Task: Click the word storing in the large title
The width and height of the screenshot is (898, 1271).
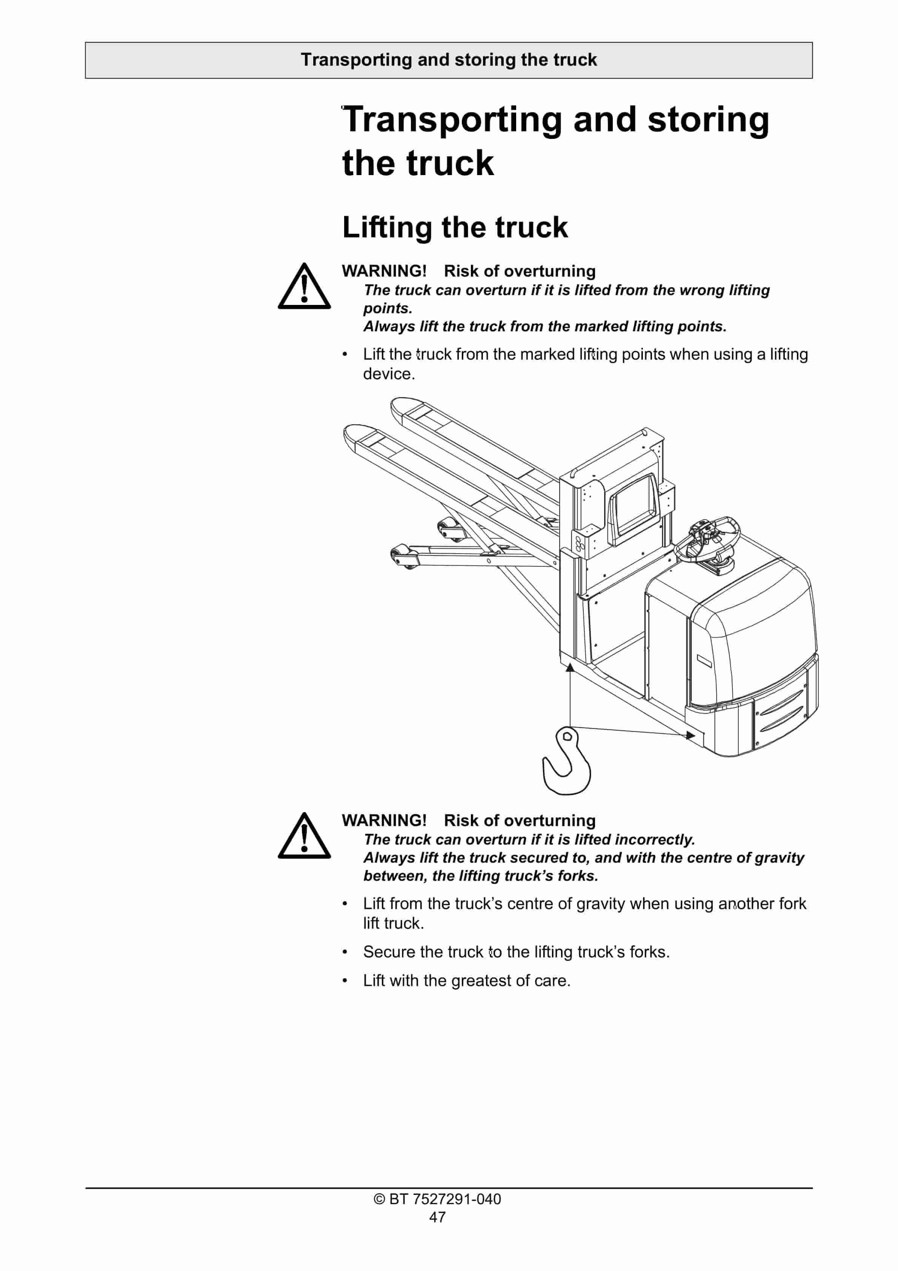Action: pos(708,120)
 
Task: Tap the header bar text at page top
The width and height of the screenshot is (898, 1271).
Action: pos(449,60)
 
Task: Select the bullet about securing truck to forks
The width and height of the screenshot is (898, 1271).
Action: pos(516,952)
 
